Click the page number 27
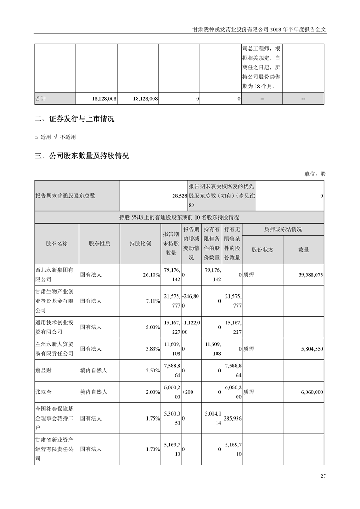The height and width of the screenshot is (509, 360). pos(323,476)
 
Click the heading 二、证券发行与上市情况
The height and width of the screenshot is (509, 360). pos(74,119)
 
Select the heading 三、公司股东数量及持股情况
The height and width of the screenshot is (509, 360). pos(82,156)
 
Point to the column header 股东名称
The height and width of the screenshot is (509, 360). pos(57,244)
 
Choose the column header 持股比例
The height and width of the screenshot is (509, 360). pos(140,244)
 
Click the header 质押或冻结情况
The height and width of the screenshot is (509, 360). pos(283,230)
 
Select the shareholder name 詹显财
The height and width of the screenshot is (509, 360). pos(43,371)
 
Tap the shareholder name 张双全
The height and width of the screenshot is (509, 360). pos(43,392)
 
